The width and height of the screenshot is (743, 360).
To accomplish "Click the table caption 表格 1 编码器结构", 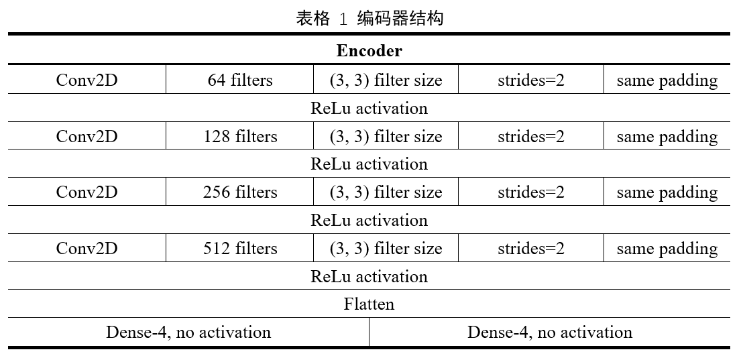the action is pos(369,18).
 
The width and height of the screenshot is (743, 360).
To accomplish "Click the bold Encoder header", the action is pos(369,51).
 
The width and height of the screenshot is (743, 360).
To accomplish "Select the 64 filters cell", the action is pos(240,80).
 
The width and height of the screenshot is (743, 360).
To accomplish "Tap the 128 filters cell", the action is pos(240,137).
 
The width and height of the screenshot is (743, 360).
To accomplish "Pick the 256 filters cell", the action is pos(240,192).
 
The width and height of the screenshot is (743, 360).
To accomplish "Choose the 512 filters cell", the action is pos(240,249).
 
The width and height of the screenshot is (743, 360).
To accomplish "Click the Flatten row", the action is pos(369,304).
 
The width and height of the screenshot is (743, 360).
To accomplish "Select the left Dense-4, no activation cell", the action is pos(188,333).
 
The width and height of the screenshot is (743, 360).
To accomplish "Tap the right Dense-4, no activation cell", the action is pos(550,333).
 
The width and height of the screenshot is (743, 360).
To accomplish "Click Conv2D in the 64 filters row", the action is pos(87,80).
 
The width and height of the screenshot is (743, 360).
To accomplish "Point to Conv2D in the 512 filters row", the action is pos(87,249).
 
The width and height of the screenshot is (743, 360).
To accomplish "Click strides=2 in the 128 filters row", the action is pos(531,137).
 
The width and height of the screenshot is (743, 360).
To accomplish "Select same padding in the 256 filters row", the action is pos(667,192).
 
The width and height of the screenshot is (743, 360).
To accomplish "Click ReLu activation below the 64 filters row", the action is pos(369,109).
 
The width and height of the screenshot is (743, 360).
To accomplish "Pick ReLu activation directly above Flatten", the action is pos(369,277).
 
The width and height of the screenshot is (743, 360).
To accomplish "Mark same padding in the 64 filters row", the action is pos(667,80).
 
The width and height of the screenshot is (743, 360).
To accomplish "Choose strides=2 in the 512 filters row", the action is pos(531,249).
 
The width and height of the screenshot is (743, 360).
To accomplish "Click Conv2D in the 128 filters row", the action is pos(87,137).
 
